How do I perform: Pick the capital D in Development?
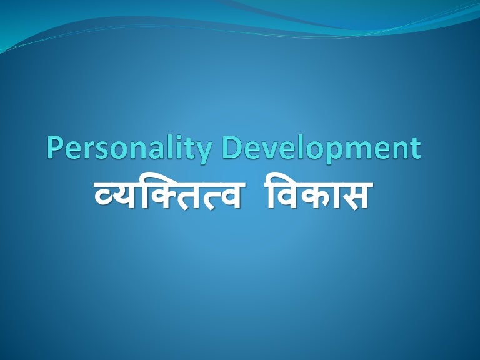[235, 148]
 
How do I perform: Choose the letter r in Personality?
[91, 151]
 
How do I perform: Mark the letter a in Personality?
[157, 151]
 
